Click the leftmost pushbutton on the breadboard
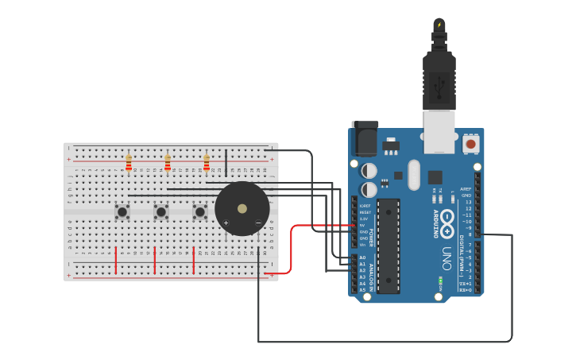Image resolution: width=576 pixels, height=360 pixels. click(x=122, y=212)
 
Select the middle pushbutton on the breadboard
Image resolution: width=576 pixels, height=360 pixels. click(x=161, y=212)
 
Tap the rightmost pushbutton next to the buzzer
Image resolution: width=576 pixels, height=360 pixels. click(x=200, y=212)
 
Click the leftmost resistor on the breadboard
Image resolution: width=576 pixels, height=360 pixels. click(x=129, y=163)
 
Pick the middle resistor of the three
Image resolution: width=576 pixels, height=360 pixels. click(x=168, y=163)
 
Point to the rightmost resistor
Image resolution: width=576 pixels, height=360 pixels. click(x=207, y=163)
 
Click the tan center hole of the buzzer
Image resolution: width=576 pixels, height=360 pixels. click(x=242, y=209)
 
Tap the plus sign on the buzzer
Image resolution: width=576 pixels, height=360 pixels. click(x=226, y=223)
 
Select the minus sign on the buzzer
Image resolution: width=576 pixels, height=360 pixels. click(x=258, y=223)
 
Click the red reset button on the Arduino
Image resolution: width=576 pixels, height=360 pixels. click(x=471, y=144)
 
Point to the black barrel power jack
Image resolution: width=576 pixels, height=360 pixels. click(x=365, y=139)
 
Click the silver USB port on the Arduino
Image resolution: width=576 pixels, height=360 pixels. click(x=439, y=131)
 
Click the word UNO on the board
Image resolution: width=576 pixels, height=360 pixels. click(x=446, y=258)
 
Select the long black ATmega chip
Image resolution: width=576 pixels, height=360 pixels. click(x=389, y=246)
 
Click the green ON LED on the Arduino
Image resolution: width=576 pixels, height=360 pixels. click(x=441, y=281)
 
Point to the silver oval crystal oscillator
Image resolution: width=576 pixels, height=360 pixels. click(x=414, y=175)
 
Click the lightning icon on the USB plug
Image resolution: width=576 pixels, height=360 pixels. click(x=439, y=25)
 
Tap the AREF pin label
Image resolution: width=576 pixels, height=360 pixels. click(x=466, y=189)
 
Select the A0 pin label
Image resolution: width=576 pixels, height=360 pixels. click(x=362, y=257)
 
